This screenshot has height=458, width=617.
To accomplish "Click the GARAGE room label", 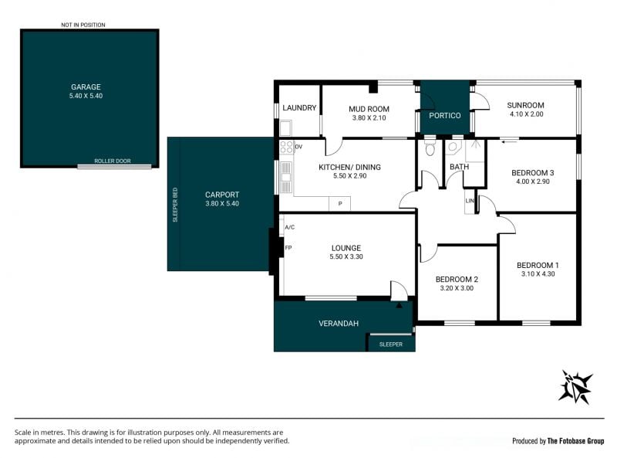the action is [x=86, y=87].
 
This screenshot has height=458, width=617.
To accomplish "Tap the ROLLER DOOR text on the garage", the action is [x=113, y=161].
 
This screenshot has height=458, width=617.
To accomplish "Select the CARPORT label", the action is [x=222, y=195].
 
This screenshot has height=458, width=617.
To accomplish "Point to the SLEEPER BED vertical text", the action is [x=175, y=205].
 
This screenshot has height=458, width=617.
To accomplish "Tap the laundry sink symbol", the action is [x=285, y=128].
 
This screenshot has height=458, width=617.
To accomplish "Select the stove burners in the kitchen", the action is [x=286, y=147].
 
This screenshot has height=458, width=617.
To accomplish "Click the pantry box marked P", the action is [x=339, y=203].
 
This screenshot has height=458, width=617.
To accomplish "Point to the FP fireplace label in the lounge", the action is [x=288, y=248].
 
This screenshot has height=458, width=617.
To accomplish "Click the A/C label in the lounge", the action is [x=290, y=227].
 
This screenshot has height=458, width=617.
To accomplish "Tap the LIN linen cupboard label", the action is [x=470, y=201].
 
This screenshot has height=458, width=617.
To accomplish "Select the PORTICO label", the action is [x=445, y=116].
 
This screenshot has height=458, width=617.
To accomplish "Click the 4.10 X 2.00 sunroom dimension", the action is [x=527, y=114].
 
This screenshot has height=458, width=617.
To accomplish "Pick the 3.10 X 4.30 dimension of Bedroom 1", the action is [x=538, y=274].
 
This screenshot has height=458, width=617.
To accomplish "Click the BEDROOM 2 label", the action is [x=457, y=280].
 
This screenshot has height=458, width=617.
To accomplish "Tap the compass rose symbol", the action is [x=576, y=387].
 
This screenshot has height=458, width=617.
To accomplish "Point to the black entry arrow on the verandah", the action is [x=399, y=304].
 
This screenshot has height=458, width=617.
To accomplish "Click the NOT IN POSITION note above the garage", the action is [x=83, y=25].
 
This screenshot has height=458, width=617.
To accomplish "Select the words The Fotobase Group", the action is [x=575, y=441].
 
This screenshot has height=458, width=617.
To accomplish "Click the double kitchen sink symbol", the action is [x=286, y=177].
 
